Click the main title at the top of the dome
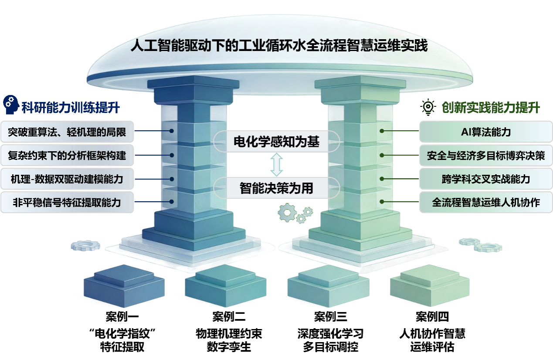click(279, 46)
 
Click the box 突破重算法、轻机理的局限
click(67, 132)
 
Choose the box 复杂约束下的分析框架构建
click(67, 155)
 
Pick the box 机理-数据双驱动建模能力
click(67, 179)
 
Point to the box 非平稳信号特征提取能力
click(67, 202)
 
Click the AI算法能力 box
click(485, 132)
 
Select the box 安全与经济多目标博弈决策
click(485, 155)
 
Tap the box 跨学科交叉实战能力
click(485, 179)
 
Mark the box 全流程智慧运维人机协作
click(485, 202)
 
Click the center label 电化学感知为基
click(276, 141)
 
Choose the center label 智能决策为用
click(276, 188)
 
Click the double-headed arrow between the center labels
click(276, 164)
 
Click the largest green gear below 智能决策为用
click(287, 212)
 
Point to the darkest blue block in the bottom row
click(124, 285)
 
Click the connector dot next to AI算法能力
click(381, 131)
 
